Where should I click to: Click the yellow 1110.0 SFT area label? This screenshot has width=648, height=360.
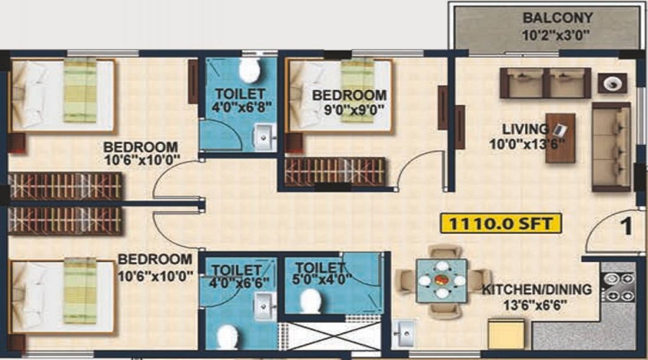pyautogui.click(x=501, y=224)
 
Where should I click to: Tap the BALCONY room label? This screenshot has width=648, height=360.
pyautogui.click(x=557, y=18)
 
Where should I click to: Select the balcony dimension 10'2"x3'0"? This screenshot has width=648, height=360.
pyautogui.click(x=556, y=35)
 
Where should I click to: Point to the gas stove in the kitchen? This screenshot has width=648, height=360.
pyautogui.click(x=618, y=287)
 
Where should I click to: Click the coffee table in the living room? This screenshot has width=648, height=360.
pyautogui.click(x=560, y=138)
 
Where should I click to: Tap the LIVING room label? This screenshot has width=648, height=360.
pyautogui.click(x=526, y=130)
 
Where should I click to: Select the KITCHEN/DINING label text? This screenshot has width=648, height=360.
pyautogui.click(x=537, y=289)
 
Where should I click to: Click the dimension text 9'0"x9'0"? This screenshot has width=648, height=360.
pyautogui.click(x=354, y=110)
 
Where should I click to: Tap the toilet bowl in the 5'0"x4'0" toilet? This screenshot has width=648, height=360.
pyautogui.click(x=311, y=301)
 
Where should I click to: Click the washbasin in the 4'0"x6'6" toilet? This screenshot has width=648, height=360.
pyautogui.click(x=264, y=306)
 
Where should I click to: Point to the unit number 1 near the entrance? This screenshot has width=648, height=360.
pyautogui.click(x=626, y=227)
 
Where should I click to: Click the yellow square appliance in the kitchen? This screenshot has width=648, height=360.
pyautogui.click(x=506, y=334)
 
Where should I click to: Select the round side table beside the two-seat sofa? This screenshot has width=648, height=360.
pyautogui.click(x=613, y=84)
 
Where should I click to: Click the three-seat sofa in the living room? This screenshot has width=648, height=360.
pyautogui.click(x=611, y=147)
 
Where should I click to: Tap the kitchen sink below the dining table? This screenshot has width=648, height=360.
pyautogui.click(x=404, y=333)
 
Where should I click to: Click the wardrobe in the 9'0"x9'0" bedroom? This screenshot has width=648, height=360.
pyautogui.click(x=335, y=171)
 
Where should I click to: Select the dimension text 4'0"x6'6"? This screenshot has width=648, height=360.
pyautogui.click(x=239, y=283)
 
